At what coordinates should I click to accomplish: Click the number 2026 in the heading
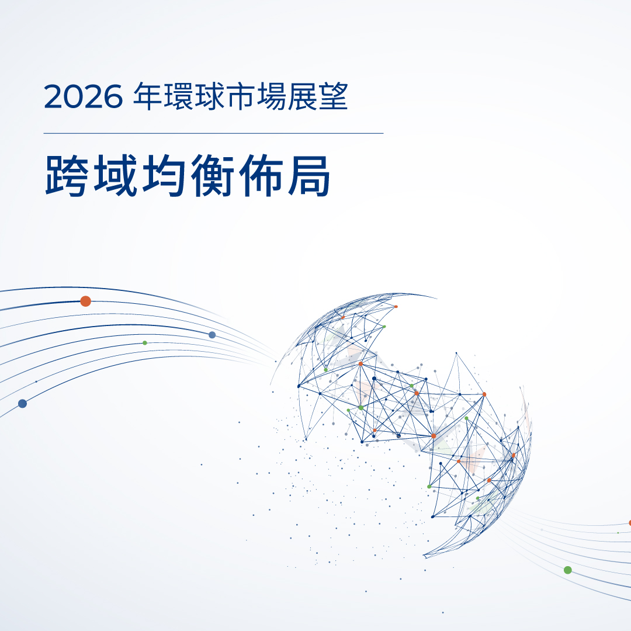tap(83, 96)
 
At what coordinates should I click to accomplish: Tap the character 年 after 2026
tap(147, 96)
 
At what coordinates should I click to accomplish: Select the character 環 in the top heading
tap(178, 96)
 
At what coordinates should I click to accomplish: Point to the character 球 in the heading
tap(209, 96)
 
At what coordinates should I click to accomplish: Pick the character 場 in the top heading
tap(271, 96)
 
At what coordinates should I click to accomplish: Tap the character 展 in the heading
tap(302, 96)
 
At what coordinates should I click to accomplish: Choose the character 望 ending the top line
tap(333, 96)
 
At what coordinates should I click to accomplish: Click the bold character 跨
tap(67, 176)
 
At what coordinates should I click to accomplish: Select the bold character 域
tap(115, 176)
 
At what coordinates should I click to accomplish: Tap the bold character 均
tap(164, 176)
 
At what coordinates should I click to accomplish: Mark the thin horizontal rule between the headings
tap(213, 133)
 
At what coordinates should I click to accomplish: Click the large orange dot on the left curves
tap(85, 301)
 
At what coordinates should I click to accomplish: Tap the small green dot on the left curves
tap(145, 343)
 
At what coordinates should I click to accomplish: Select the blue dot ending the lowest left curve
tap(23, 403)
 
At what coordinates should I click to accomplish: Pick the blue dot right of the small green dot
tap(212, 335)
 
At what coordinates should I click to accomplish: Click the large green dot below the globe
tap(568, 570)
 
